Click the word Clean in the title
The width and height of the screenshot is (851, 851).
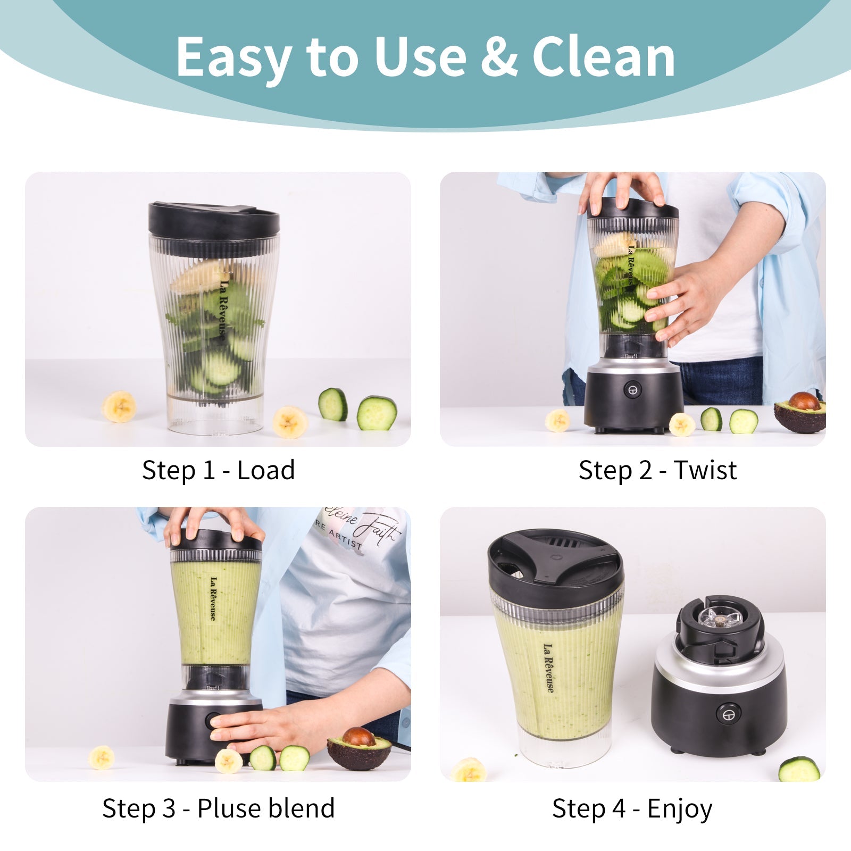click(604, 57)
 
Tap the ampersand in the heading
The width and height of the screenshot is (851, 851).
click(498, 57)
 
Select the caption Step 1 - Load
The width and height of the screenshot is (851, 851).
click(218, 470)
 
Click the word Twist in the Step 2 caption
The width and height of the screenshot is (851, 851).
click(705, 470)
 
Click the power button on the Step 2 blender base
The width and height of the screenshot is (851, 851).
click(632, 389)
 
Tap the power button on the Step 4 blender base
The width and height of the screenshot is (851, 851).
click(728, 713)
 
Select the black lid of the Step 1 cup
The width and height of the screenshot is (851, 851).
click(214, 219)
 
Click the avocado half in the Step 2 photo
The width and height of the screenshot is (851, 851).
click(801, 412)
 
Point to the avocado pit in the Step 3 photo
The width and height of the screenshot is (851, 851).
click(358, 736)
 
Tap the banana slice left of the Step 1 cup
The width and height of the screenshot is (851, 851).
click(119, 406)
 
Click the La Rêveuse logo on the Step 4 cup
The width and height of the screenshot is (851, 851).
click(548, 668)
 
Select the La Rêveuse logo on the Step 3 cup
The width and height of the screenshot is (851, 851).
click(213, 598)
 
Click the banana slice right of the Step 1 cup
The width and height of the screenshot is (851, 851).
click(290, 422)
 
